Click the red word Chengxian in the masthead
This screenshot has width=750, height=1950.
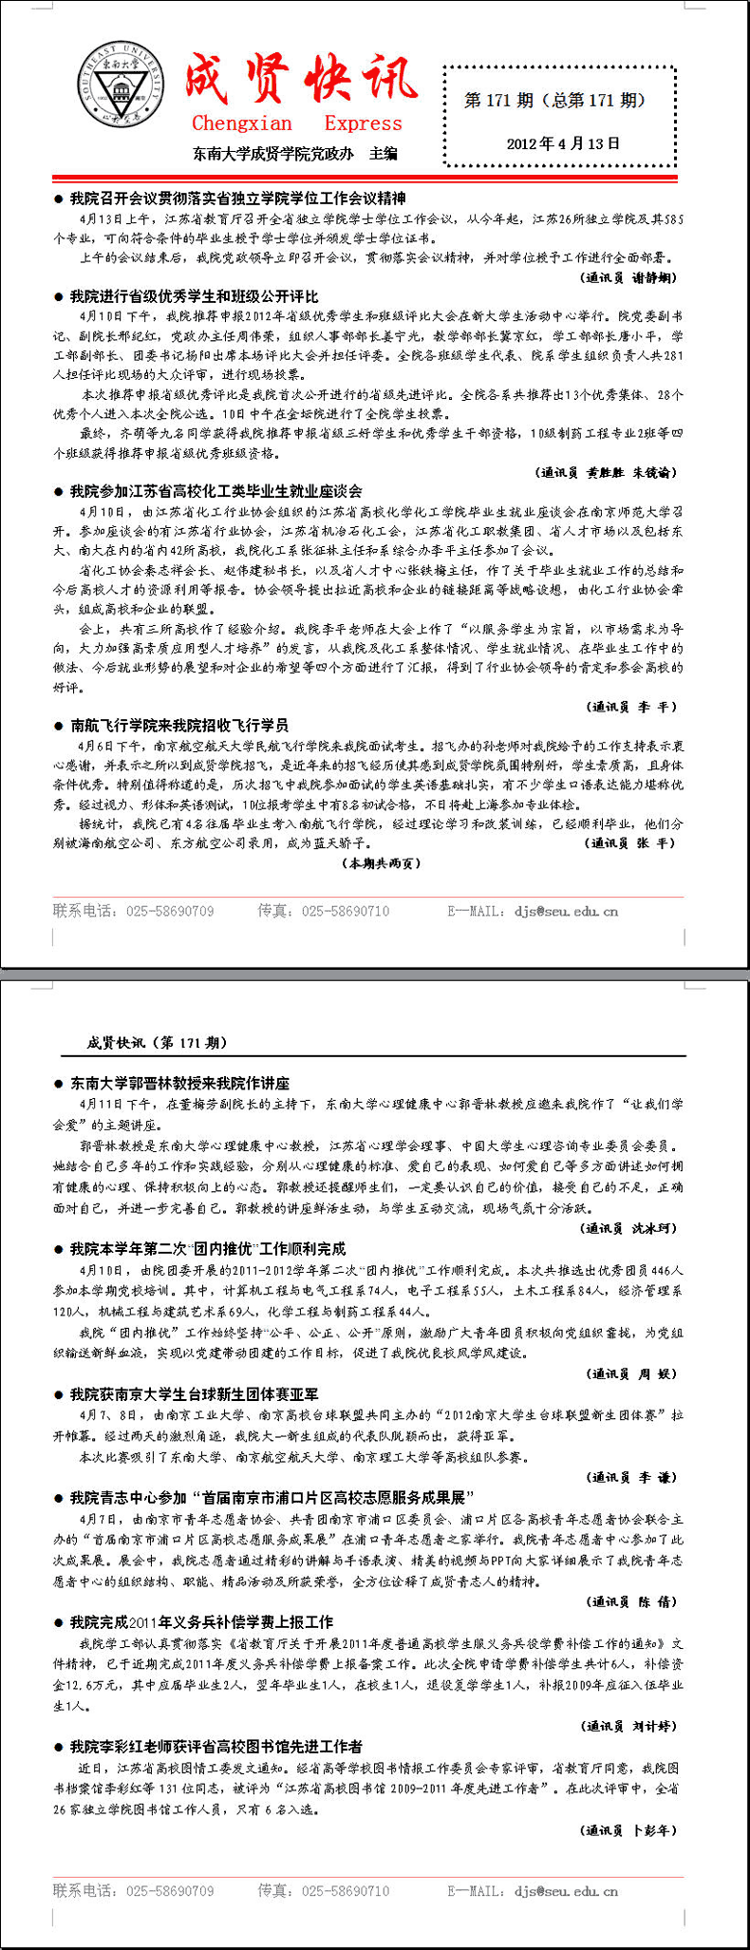[242, 123]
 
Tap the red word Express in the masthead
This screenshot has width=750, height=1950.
[363, 123]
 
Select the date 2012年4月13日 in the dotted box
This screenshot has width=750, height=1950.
[563, 143]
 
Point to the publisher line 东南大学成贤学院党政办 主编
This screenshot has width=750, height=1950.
[295, 153]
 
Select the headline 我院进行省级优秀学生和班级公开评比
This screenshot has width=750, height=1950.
[195, 296]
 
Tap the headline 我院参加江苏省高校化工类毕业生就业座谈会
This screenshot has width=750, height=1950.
[216, 491]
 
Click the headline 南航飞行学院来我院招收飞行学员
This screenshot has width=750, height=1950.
[179, 725]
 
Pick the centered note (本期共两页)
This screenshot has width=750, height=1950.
[380, 863]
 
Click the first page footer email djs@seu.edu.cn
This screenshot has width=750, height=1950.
[566, 911]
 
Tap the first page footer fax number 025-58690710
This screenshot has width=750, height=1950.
[346, 911]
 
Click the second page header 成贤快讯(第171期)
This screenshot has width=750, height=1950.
[158, 1042]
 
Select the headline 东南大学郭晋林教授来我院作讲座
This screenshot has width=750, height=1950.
[180, 1083]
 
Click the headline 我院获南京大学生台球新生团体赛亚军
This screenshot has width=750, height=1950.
[195, 1394]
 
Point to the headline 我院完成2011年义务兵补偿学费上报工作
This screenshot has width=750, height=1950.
[201, 1621]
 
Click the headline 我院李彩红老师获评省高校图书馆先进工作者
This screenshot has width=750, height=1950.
[216, 1746]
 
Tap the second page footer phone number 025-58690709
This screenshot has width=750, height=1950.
[170, 1890]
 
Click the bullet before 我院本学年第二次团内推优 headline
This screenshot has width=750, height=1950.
[59, 1249]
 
